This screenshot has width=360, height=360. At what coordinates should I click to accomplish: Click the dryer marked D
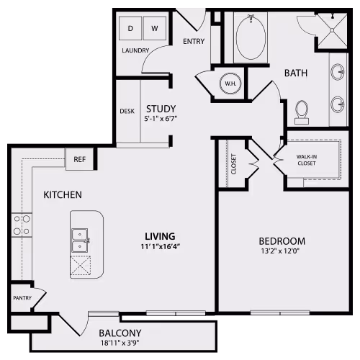(130, 28)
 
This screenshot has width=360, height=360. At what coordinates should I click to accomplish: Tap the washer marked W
(154, 28)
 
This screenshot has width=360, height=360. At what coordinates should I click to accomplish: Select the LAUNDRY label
(135, 50)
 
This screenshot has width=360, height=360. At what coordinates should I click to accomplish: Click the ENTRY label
(194, 41)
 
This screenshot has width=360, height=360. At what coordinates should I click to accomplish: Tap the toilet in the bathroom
(302, 112)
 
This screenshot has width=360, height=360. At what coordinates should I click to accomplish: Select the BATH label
(296, 73)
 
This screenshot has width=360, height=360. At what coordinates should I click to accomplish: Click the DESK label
(127, 111)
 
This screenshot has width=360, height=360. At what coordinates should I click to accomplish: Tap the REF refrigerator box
(79, 159)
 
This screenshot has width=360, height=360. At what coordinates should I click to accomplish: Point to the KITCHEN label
(62, 194)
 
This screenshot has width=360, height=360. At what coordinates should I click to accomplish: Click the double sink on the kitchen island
(80, 239)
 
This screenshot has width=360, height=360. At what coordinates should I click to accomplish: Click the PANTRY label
(20, 297)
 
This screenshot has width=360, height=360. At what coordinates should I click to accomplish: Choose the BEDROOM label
(282, 241)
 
